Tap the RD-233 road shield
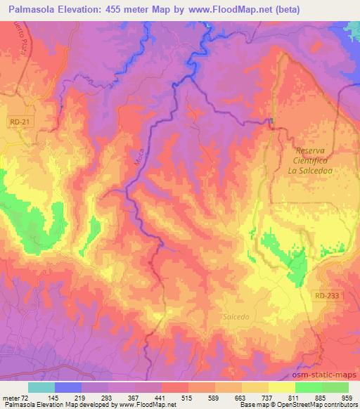(x=327, y=296)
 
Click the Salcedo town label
(x=236, y=318)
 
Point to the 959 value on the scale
(x=347, y=398)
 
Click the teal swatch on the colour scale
(x=41, y=387)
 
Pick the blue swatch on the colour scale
(x=68, y=387)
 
